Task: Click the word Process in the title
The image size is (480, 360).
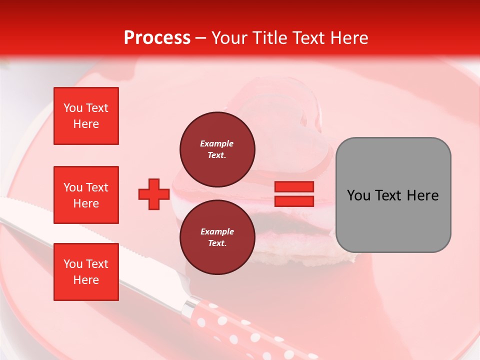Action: click(x=157, y=38)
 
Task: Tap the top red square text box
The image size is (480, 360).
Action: click(x=86, y=116)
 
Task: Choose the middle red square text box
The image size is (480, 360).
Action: click(x=86, y=195)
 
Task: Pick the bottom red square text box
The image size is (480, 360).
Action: click(x=86, y=272)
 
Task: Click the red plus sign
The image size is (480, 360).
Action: click(x=154, y=194)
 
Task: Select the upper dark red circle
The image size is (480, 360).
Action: click(x=217, y=149)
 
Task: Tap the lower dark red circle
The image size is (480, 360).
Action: click(x=217, y=237)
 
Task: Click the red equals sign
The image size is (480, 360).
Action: click(x=294, y=194)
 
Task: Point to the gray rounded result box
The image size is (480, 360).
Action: click(x=393, y=195)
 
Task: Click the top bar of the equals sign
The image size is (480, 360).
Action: click(x=294, y=186)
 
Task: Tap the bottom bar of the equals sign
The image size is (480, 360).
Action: click(x=294, y=201)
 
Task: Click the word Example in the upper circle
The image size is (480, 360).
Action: click(x=217, y=143)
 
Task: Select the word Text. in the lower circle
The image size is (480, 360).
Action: click(x=217, y=243)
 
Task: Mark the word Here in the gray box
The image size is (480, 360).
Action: click(x=422, y=195)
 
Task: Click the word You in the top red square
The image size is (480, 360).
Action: click(x=72, y=108)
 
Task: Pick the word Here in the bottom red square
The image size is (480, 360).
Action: click(x=86, y=280)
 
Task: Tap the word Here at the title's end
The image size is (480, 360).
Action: click(x=349, y=38)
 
